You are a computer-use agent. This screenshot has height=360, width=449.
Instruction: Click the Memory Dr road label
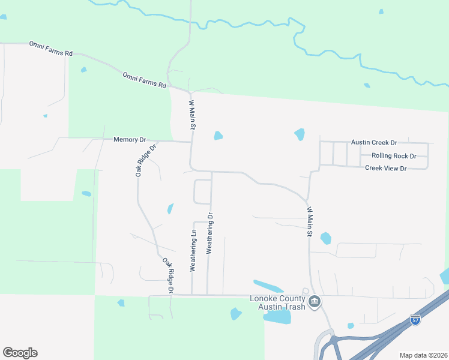click(130, 140)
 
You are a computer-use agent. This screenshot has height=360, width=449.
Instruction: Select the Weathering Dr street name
click(210, 233)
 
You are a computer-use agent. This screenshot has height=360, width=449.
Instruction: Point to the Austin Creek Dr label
click(375, 143)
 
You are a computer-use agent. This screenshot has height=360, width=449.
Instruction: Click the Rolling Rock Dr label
click(394, 156)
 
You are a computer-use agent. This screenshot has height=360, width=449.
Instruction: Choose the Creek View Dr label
click(386, 169)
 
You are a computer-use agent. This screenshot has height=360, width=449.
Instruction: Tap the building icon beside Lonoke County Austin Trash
click(315, 302)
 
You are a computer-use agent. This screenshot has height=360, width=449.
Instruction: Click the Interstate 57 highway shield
click(415, 320)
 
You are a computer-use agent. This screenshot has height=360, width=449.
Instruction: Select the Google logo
click(20, 353)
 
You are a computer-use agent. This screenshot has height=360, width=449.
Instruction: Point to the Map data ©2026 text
click(423, 355)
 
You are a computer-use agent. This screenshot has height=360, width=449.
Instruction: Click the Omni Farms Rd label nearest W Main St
click(144, 80)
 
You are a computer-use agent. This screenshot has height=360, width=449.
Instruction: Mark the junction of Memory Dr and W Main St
click(191, 142)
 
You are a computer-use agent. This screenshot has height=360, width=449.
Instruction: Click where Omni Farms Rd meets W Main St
click(188, 92)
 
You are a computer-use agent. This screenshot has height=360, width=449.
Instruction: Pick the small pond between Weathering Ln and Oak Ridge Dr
click(170, 209)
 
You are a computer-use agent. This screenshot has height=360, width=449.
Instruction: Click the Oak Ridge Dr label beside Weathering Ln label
click(168, 275)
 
